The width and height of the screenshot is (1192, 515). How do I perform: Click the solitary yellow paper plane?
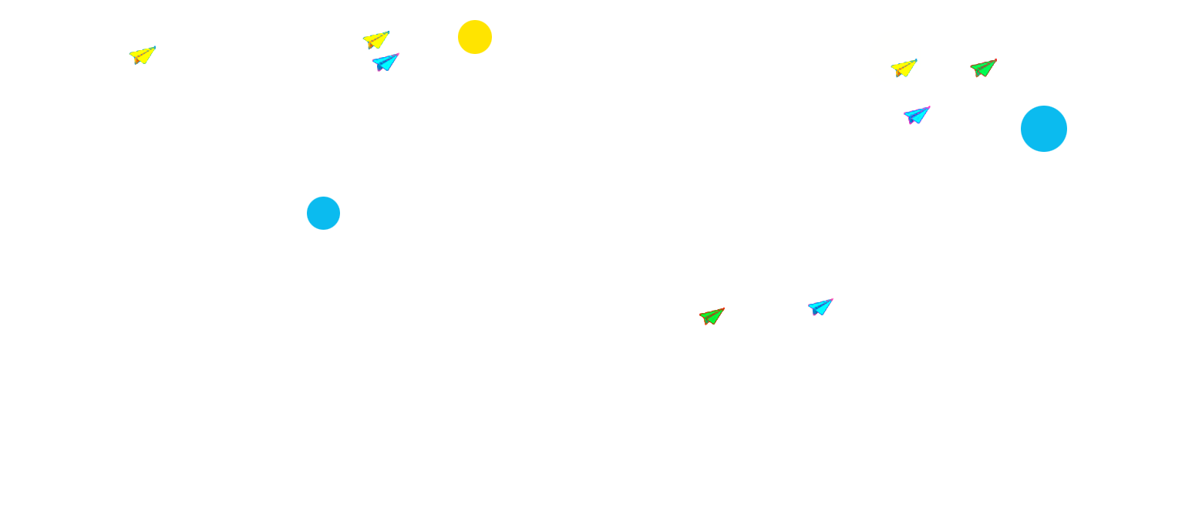pos(142,55)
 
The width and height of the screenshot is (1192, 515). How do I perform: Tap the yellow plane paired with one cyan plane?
pos(375,39)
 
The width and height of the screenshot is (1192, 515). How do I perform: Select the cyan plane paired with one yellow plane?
pos(385,62)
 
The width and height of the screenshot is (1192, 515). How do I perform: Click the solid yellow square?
pos(475,37)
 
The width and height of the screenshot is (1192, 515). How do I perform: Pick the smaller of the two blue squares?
pos(323,213)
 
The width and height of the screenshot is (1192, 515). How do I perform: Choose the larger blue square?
pos(1043,129)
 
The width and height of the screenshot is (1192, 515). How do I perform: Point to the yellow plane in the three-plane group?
pos(904,68)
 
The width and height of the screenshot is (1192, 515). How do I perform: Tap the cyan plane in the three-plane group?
pos(916,115)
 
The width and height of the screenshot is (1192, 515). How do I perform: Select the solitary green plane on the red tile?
pos(712,315)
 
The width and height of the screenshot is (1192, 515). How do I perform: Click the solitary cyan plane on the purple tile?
pos(819,307)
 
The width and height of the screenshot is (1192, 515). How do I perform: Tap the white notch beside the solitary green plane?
pos(729,315)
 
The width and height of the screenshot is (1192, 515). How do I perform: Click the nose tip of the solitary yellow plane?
pos(155,48)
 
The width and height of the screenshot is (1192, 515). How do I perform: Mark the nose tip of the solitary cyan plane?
pos(831,300)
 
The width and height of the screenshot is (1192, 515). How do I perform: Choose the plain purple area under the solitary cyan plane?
pos(822,319)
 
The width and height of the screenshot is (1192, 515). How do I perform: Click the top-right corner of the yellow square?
pos(491,21)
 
